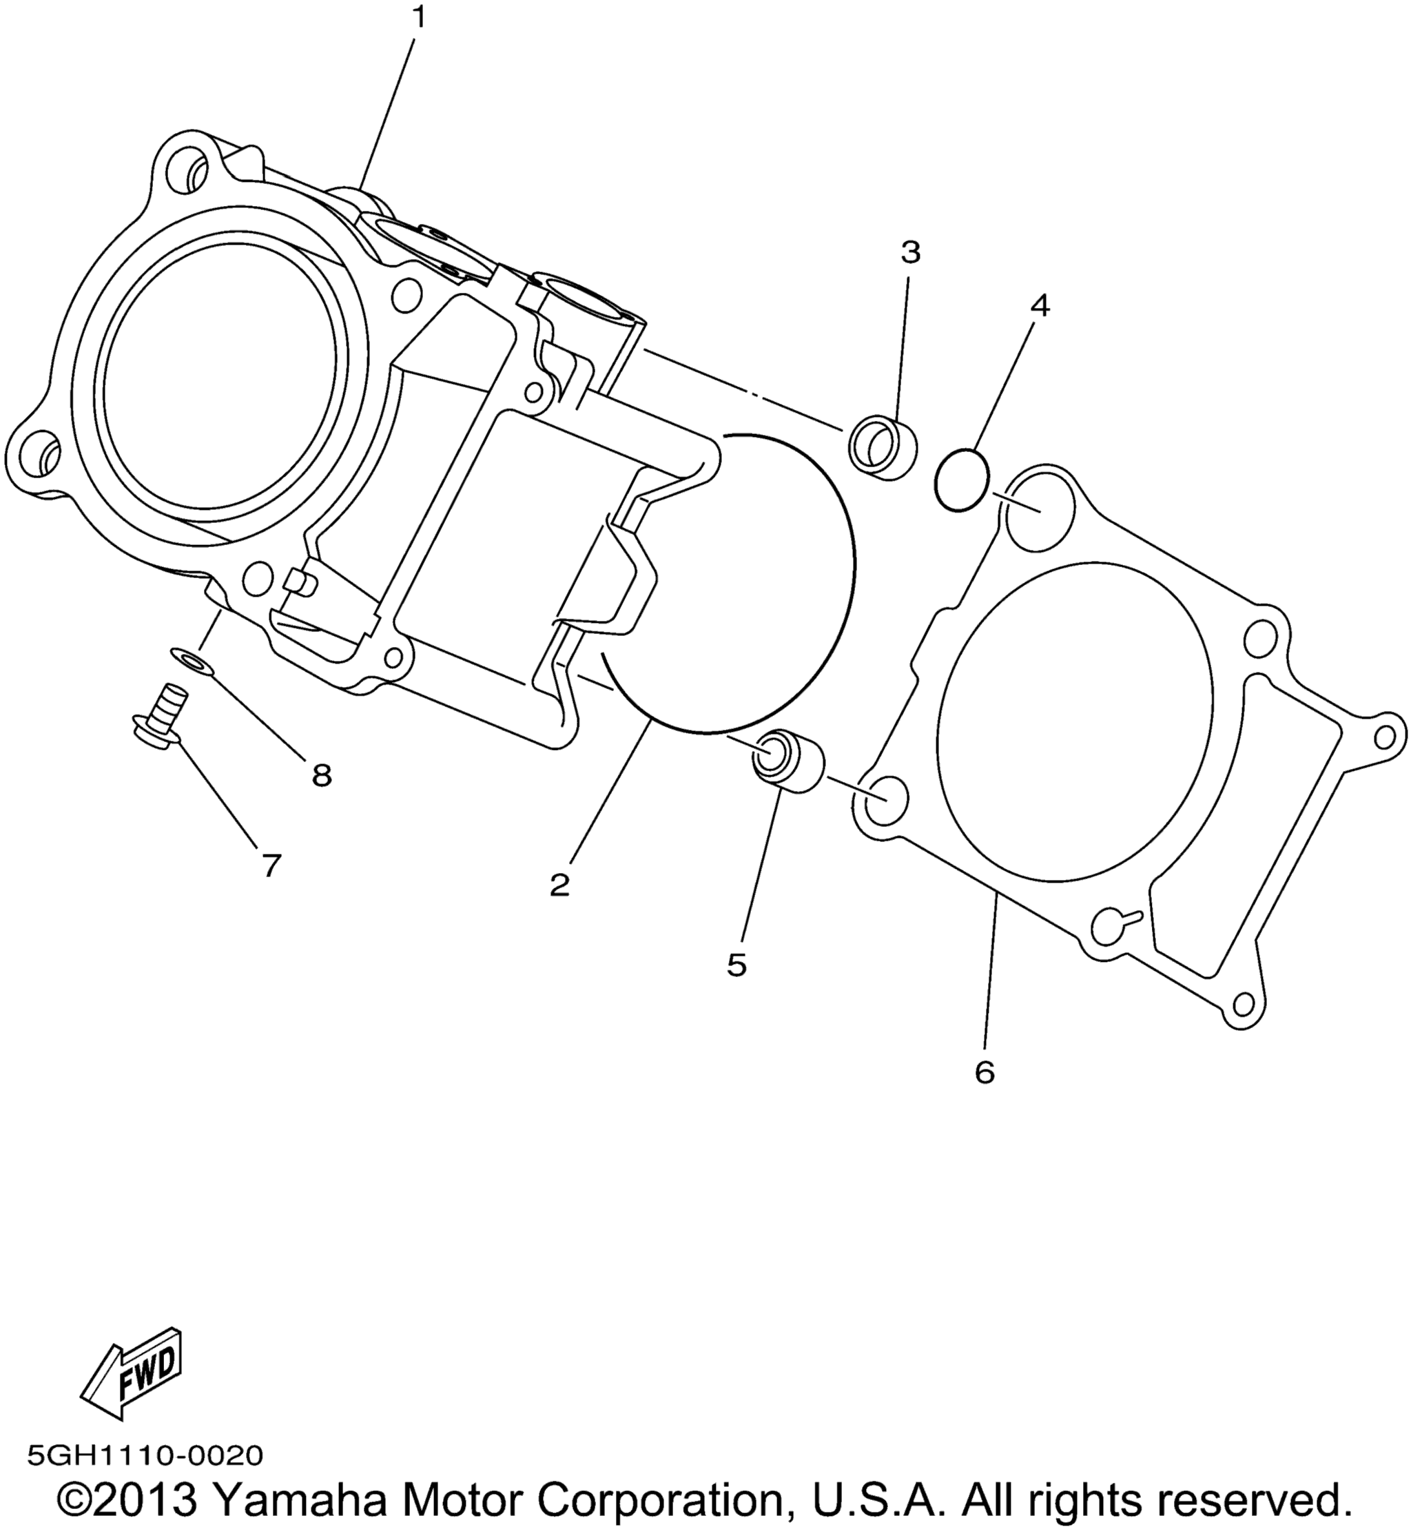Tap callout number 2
tap(559, 885)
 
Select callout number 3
tap(910, 252)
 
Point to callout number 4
tap(1039, 306)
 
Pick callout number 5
tap(737, 965)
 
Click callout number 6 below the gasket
tap(985, 1073)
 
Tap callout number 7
tap(272, 865)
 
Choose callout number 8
tap(322, 777)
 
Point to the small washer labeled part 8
tap(192, 659)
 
